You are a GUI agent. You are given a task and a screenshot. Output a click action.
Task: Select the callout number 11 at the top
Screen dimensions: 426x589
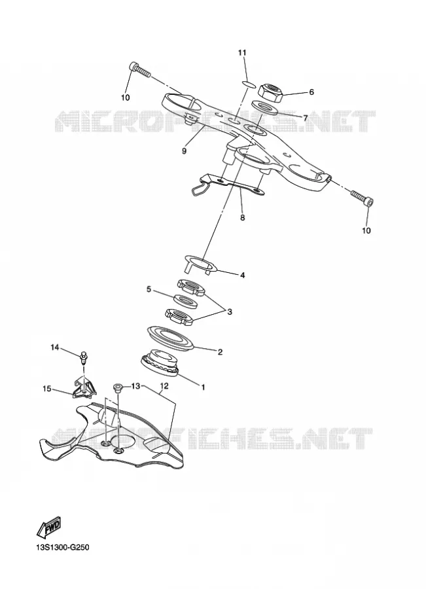[x=242, y=52]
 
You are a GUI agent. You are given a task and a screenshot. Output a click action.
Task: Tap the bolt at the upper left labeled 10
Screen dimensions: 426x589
[x=139, y=70]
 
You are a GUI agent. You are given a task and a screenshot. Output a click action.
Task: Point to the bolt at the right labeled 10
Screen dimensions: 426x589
[x=363, y=198]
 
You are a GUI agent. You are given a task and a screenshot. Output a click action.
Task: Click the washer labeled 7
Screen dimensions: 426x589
[x=264, y=107]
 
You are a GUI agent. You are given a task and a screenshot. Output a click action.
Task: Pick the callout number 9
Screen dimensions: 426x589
[x=184, y=151]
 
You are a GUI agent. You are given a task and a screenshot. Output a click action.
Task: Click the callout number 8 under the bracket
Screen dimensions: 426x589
[x=242, y=217]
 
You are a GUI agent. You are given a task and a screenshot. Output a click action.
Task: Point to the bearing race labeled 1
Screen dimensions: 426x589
[x=159, y=363]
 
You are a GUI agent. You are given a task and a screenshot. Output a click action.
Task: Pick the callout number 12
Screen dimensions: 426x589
[x=164, y=385]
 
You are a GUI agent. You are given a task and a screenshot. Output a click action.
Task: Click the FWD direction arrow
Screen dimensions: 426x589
[x=49, y=527]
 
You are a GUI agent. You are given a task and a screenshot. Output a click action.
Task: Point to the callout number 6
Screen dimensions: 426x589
[x=311, y=92]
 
